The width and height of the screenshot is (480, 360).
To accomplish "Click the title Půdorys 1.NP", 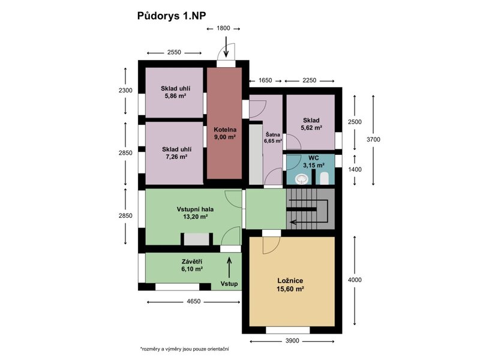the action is pyautogui.click(x=172, y=16).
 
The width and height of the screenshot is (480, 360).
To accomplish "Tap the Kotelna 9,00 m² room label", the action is pyautogui.click(x=225, y=133).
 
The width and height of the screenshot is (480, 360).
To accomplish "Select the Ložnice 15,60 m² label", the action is pyautogui.click(x=290, y=284).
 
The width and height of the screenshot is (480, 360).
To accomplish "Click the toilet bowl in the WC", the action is pyautogui.click(x=302, y=179).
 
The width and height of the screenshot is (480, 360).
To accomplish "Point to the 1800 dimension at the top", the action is pyautogui.click(x=223, y=28).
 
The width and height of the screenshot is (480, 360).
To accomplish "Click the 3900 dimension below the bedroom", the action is pyautogui.click(x=292, y=341).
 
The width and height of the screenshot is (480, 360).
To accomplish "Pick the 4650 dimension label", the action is pyautogui.click(x=193, y=302).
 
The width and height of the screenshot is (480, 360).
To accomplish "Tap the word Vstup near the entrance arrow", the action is pyautogui.click(x=229, y=284).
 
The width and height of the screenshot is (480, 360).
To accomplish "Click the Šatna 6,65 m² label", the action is pyautogui.click(x=273, y=138).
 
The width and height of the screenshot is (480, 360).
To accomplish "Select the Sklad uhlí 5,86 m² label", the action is pyautogui.click(x=176, y=92).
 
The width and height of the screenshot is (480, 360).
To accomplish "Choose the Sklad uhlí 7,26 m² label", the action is pyautogui.click(x=176, y=153).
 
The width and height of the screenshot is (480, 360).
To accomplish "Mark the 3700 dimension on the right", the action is pyautogui.click(x=373, y=140).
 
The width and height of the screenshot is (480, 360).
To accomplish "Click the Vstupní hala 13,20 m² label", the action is pyautogui.click(x=195, y=213).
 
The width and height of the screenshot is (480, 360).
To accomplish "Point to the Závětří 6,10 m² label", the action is pyautogui.click(x=192, y=265).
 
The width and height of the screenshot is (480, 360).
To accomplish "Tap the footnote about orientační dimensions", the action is pyautogui.click(x=185, y=349).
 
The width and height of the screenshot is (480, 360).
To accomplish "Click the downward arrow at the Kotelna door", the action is pyautogui.click(x=226, y=47).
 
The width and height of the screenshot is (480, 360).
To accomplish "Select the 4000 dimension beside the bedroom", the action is pyautogui.click(x=355, y=280).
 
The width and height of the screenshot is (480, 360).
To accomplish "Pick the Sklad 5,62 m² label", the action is pyautogui.click(x=311, y=124).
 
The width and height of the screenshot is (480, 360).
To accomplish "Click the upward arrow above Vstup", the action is pyautogui.click(x=229, y=268).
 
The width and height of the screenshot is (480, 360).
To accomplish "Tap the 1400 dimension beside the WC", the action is pyautogui.click(x=355, y=169).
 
